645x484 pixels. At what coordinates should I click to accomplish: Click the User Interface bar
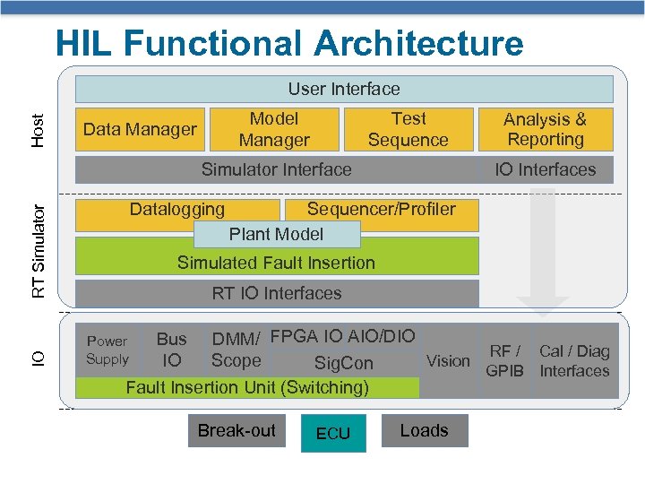pyautogui.click(x=344, y=89)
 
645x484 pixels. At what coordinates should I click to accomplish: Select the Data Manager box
pyautogui.click(x=140, y=129)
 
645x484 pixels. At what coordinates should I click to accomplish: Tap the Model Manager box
pyautogui.click(x=274, y=129)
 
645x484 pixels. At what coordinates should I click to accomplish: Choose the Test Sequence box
pyautogui.click(x=408, y=129)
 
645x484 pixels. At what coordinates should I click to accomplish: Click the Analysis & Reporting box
pyautogui.click(x=545, y=129)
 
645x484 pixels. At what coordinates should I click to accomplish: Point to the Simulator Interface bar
pyautogui.click(x=276, y=169)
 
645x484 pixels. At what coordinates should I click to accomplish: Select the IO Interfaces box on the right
pyautogui.click(x=545, y=169)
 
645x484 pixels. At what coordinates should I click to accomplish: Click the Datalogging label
pyautogui.click(x=177, y=210)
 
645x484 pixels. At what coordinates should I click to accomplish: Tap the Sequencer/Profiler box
pyautogui.click(x=382, y=210)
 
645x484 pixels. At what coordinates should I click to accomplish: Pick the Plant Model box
pyautogui.click(x=276, y=234)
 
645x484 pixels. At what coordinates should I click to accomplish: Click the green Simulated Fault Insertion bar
pyautogui.click(x=276, y=263)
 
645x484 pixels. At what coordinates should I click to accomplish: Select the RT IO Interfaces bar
pyautogui.click(x=276, y=293)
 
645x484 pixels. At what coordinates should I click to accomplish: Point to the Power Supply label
pyautogui.click(x=107, y=350)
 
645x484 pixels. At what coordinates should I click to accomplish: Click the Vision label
pyautogui.click(x=448, y=360)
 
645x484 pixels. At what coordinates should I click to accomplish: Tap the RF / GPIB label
pyautogui.click(x=504, y=360)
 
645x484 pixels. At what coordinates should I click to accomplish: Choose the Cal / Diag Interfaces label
pyautogui.click(x=574, y=360)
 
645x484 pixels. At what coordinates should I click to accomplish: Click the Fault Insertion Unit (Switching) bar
pyautogui.click(x=247, y=387)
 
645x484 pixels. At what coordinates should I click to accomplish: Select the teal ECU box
pyautogui.click(x=332, y=434)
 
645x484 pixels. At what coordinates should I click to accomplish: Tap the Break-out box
pyautogui.click(x=236, y=431)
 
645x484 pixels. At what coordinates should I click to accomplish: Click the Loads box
pyautogui.click(x=424, y=431)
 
